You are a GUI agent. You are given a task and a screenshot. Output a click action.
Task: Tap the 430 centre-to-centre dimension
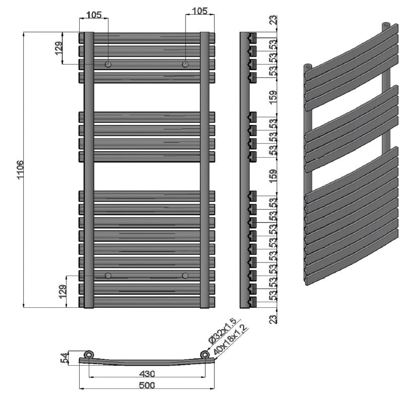click(147, 373)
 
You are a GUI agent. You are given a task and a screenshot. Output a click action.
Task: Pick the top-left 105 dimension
click(94, 15)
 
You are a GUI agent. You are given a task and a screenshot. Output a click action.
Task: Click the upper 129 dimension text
click(59, 49)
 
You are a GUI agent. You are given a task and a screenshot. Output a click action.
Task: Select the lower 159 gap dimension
click(273, 174)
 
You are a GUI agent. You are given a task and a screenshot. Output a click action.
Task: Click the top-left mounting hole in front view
click(108, 64)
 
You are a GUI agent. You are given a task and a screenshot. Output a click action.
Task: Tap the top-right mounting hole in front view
click(186, 64)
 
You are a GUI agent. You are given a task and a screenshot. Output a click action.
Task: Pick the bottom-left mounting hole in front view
click(108, 275)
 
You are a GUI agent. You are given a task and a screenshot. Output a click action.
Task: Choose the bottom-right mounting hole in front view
click(186, 275)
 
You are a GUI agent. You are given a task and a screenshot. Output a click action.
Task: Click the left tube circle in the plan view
click(89, 354)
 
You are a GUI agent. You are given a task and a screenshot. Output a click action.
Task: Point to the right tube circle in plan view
click(205, 354)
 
